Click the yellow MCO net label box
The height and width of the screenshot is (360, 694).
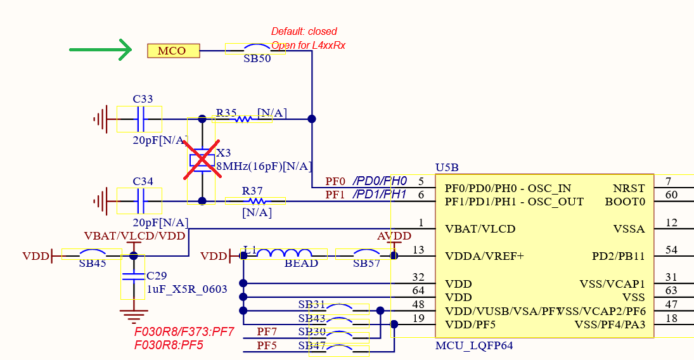pos(173,51)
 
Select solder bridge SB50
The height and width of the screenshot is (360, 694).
pos(255,48)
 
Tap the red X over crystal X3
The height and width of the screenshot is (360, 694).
pos(202,158)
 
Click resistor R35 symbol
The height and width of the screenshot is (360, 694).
pos(245,119)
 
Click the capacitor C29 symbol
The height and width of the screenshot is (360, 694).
pos(132,277)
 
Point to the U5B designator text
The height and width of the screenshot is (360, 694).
pos(447,168)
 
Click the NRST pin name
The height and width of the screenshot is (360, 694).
pos(629,188)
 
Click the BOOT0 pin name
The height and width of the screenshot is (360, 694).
pos(625,202)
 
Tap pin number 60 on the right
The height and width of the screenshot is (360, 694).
pos(672,195)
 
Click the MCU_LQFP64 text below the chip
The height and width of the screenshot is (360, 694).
pos(474,345)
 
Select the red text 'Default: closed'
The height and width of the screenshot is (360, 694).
pos(304,31)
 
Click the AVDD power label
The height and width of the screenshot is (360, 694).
pos(394,236)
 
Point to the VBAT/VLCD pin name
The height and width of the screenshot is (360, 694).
pos(480,229)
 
